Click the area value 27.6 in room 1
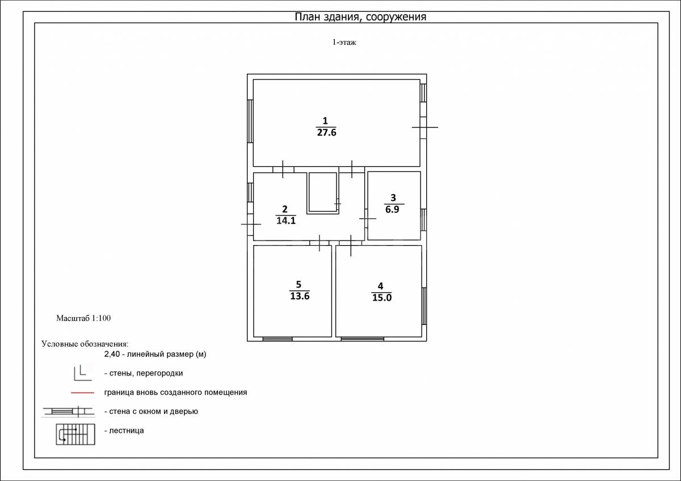point(326,133)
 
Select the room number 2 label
point(284,209)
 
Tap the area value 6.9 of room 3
point(392,209)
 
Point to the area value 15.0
point(382,297)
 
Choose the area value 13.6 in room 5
point(300,296)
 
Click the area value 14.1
point(286,221)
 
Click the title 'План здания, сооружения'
point(360,17)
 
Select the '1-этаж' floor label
point(344,42)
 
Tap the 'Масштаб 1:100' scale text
point(83,318)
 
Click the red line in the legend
point(82,393)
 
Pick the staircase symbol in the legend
point(75,434)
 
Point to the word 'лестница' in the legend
point(126,431)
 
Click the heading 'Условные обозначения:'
point(85,344)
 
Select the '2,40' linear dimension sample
point(112,354)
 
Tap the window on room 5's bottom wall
point(278,339)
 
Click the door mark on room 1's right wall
point(424,127)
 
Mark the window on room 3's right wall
point(423,220)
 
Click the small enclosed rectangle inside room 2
point(322,193)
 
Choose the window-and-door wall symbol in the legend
point(69,411)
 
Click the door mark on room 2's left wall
point(251,224)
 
